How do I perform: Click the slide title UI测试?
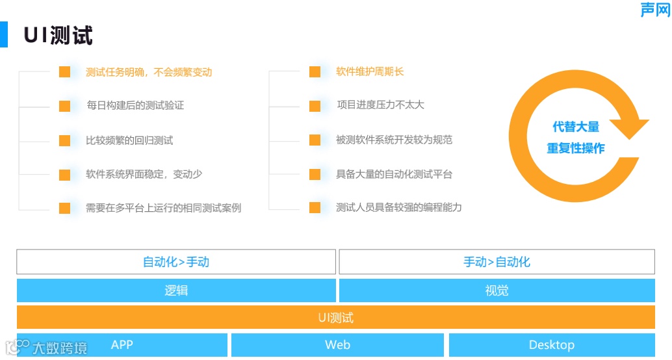(58, 35)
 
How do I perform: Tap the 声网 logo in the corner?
(654, 9)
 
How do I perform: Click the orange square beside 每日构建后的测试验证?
(64, 106)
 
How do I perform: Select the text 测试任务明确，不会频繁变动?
(149, 72)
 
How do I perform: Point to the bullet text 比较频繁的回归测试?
(129, 140)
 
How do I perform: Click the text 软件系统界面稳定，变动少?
(144, 174)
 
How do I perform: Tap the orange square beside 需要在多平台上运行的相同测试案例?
(64, 208)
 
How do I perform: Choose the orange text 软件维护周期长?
(370, 71)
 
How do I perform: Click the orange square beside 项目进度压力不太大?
(315, 106)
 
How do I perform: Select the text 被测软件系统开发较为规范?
(394, 140)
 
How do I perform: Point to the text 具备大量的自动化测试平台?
(394, 174)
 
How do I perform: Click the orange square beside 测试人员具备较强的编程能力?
(315, 208)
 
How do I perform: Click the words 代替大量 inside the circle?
(575, 127)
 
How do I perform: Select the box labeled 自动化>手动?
(176, 262)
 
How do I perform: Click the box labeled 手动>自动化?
(497, 262)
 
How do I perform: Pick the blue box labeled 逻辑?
(176, 290)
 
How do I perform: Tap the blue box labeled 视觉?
(497, 290)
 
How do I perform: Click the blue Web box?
(337, 345)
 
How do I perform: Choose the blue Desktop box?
(551, 345)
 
